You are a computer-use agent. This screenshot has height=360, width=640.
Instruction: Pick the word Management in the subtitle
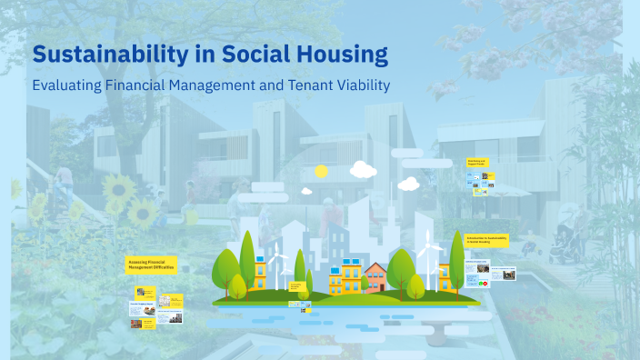pyautogui.click(x=235, y=85)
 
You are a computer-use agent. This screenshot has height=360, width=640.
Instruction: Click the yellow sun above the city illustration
pyautogui.click(x=321, y=171)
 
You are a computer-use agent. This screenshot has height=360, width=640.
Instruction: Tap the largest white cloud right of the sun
pyautogui.click(x=363, y=169)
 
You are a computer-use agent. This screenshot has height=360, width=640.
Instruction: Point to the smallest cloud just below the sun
pyautogui.click(x=307, y=191)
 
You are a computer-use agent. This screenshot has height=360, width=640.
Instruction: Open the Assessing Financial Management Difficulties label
pyautogui.click(x=151, y=265)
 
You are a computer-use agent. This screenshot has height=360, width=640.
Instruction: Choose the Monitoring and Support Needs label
pyautogui.click(x=478, y=164)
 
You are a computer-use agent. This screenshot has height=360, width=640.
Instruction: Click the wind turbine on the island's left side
pyautogui.click(x=275, y=264)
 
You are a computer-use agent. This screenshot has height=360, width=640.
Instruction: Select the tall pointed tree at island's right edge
pyautogui.click(x=456, y=259)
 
